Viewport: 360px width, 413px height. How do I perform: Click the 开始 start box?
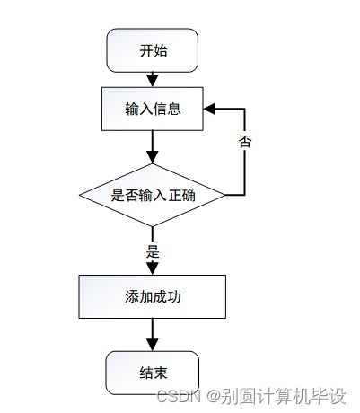153,51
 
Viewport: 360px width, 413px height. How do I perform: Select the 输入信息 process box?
153,110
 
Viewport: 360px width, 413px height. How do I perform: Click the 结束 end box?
153,372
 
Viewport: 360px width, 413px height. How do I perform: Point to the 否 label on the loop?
244,142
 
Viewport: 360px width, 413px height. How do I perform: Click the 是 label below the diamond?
153,251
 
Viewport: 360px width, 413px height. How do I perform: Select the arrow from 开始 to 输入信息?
153,79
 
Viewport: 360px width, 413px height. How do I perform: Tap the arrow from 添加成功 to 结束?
153,334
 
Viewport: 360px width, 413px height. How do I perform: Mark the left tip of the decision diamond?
80,195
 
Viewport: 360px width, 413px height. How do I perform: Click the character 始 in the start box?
161,51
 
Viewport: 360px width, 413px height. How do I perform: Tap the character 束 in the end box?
161,372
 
